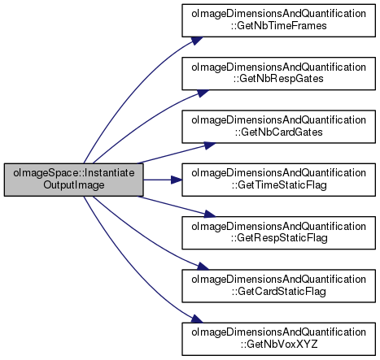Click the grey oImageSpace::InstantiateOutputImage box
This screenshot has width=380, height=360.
pos(74,180)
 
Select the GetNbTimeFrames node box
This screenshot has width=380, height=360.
pos(278,20)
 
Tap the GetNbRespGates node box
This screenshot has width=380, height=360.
pos(278,73)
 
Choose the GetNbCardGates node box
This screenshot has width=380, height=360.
pos(278,127)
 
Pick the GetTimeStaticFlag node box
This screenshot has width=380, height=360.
pos(278,180)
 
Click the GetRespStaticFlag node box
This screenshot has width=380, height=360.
pos(278,232)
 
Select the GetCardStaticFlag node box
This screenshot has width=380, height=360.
pos(278,286)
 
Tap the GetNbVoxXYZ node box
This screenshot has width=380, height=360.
pos(278,339)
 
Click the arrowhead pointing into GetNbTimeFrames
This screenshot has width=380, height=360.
pos(197,41)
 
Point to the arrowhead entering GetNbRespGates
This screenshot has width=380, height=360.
pos(203,93)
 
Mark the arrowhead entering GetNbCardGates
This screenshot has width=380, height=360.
pos(210,145)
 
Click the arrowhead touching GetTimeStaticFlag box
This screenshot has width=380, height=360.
pos(177,180)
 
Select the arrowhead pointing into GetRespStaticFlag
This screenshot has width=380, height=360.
pos(210,214)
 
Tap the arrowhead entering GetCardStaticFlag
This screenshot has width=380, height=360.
pos(203,267)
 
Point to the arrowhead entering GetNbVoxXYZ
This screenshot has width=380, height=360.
pos(197,319)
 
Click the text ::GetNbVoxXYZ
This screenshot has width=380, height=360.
pos(279,345)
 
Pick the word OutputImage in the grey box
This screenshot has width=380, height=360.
pos(74,185)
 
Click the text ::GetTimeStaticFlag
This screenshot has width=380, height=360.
pos(279,185)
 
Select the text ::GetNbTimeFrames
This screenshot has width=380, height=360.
pos(279,26)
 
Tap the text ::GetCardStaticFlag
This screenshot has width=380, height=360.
pos(279,292)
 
